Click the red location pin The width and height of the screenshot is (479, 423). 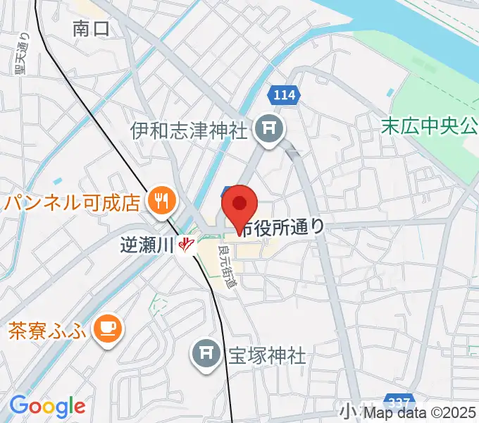pos(240,205)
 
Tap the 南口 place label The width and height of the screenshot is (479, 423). pos(92,28)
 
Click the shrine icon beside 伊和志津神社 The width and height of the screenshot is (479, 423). pos(268,128)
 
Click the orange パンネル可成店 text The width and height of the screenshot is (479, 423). pos(72,203)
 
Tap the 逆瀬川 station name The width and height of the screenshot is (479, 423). pos(147,245)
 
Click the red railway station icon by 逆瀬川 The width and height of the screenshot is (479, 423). pos(186,245)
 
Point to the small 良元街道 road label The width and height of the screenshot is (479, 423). pos(229,262)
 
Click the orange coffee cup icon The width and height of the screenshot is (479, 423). pos(108,327)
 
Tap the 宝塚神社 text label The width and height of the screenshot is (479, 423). pos(266,355)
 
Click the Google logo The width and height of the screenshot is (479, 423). pos(47,406)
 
